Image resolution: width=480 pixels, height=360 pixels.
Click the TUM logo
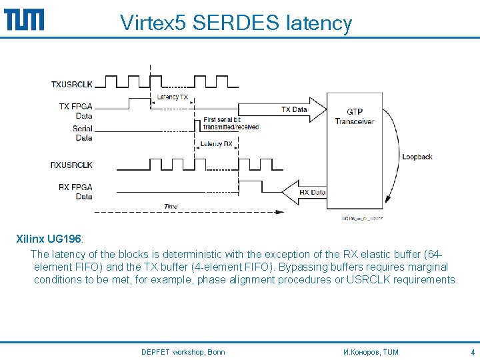24,19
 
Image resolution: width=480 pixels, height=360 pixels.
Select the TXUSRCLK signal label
72,84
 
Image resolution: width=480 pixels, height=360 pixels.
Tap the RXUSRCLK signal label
72,165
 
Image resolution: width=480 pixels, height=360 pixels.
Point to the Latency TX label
172,97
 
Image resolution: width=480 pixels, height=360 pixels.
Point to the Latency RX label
216,144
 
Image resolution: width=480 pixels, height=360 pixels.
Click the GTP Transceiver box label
354,117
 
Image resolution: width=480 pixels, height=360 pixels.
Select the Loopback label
417,157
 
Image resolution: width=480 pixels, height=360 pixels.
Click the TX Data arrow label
294,109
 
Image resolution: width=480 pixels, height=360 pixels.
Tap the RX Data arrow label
312,193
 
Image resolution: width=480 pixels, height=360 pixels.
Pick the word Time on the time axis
171,207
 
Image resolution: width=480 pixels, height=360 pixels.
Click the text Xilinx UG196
49,238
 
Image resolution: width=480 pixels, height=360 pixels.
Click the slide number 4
472,352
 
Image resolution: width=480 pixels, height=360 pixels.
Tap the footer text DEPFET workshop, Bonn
183,352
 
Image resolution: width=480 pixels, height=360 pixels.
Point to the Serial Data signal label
83,133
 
